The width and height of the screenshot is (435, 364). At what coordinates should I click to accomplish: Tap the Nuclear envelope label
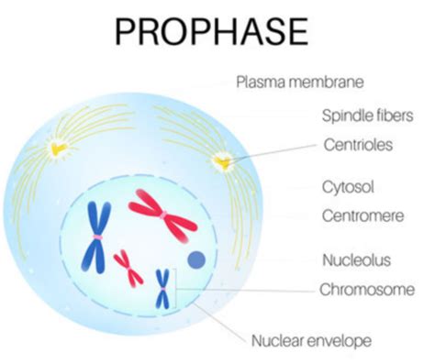coord(311,341)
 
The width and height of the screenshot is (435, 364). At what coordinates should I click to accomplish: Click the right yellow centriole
coord(221,163)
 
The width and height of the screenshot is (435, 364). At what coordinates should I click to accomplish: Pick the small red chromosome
coord(128,267)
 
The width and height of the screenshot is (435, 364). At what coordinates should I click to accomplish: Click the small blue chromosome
coord(162,287)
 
